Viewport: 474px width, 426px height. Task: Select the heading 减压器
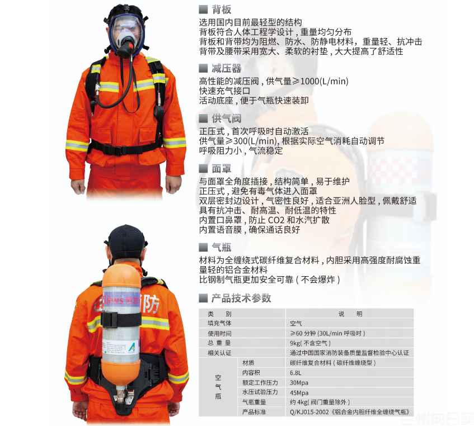(226, 69)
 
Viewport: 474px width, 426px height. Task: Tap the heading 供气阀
(226, 119)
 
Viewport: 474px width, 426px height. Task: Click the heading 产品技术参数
(241, 298)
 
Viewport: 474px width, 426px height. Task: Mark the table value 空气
(295, 323)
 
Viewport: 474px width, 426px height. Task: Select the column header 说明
(350, 314)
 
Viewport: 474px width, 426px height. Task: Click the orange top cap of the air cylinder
(121, 276)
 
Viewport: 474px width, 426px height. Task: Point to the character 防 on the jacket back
(152, 303)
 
